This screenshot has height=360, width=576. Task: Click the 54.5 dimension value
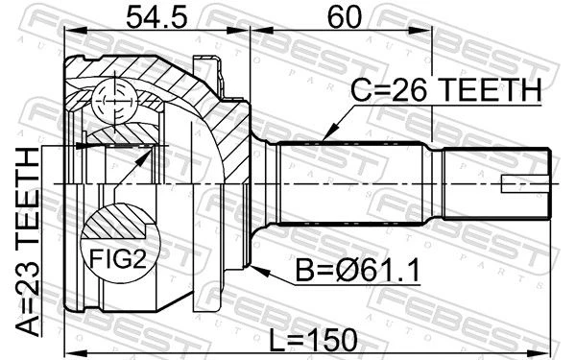pyautogui.click(x=156, y=17)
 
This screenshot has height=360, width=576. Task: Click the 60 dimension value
pyautogui.click(x=345, y=17)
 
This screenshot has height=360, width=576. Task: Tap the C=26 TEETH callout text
pyautogui.click(x=445, y=90)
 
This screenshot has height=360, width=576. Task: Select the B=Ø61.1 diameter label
pyautogui.click(x=358, y=271)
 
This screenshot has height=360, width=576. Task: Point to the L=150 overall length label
pyautogui.click(x=313, y=340)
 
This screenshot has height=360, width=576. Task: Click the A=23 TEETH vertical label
pyautogui.click(x=28, y=242)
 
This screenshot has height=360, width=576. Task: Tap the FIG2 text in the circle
pyautogui.click(x=118, y=258)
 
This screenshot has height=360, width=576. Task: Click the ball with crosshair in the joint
pyautogui.click(x=114, y=100)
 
